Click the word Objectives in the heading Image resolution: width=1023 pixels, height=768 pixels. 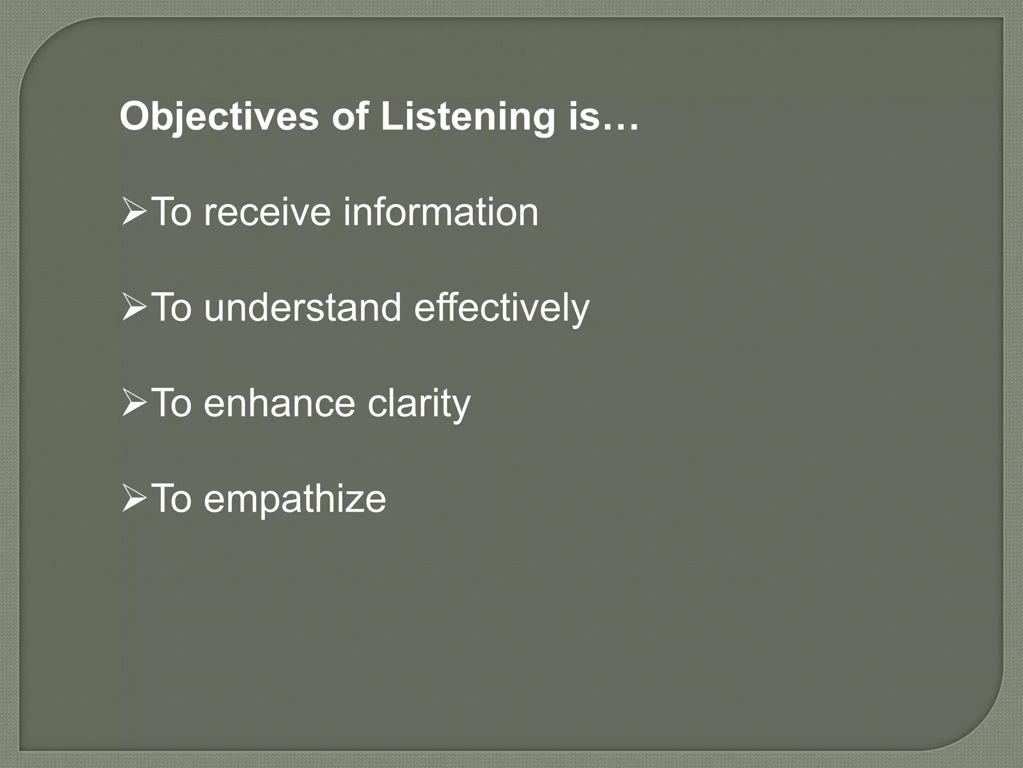tap(219, 117)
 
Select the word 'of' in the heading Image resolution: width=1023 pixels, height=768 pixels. tap(349, 116)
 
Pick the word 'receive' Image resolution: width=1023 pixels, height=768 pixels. tap(267, 212)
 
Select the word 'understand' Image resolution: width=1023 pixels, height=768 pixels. tap(302, 307)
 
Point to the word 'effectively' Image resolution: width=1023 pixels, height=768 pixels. tap(502, 307)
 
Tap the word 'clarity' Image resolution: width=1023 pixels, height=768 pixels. tap(419, 403)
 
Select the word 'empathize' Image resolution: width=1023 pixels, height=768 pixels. tap(295, 498)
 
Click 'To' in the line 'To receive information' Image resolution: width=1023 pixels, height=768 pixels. tap(171, 212)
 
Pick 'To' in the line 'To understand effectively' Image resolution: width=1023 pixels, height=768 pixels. tap(171, 307)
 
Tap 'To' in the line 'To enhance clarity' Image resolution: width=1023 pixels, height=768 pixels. tap(171, 403)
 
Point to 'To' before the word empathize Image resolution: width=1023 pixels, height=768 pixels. tap(171, 498)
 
